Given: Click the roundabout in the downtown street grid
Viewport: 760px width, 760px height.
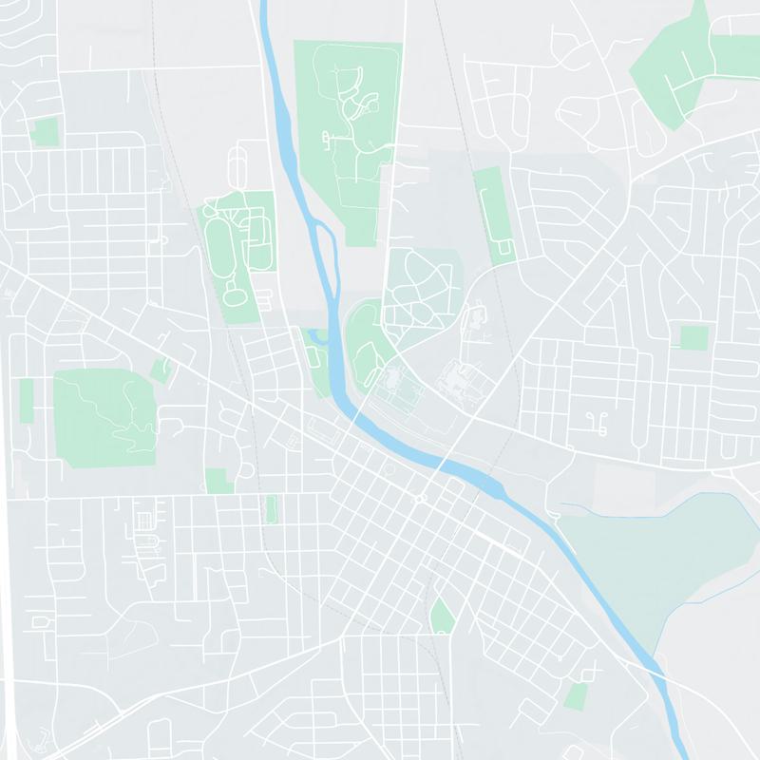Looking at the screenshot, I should click(x=419, y=498).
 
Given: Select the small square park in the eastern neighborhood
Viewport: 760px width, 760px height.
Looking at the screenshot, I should click(x=693, y=338).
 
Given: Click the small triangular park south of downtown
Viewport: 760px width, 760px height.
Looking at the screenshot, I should click(x=442, y=617).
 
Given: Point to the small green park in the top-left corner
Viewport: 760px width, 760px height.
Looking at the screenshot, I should click(x=44, y=131).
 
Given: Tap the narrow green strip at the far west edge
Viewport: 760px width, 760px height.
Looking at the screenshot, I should click(x=26, y=399).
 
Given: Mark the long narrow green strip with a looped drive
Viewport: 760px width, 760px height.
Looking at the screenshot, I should click(x=492, y=214).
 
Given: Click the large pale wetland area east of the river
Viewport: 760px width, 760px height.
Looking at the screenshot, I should click(x=655, y=560).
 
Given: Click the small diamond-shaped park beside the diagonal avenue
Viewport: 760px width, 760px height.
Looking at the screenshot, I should click(x=161, y=370).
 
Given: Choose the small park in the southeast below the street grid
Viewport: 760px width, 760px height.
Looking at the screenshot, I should click(x=576, y=696).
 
